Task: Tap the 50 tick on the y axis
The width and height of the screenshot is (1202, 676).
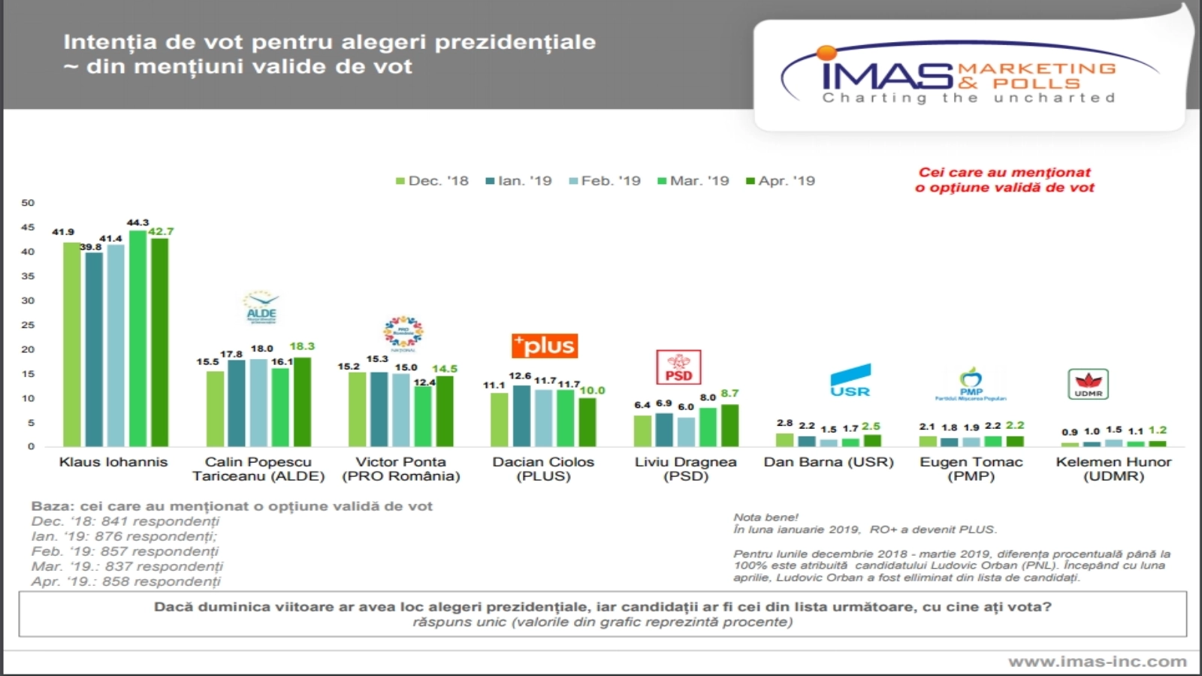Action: [28, 203]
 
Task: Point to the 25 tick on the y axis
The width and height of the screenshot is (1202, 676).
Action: [28, 325]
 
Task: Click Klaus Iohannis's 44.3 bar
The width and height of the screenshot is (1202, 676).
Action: [137, 338]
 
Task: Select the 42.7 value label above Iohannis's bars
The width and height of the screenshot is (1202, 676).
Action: [161, 231]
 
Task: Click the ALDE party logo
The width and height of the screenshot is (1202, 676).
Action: [261, 308]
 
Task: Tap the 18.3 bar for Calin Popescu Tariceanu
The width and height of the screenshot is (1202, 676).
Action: [302, 402]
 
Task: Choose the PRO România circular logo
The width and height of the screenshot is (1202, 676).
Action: [403, 333]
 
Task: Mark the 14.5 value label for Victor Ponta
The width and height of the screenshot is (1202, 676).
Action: [445, 369]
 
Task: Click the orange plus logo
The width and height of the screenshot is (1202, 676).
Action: [545, 346]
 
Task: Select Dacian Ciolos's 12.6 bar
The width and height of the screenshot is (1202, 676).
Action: [521, 416]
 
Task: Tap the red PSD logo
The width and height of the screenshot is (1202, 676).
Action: [678, 367]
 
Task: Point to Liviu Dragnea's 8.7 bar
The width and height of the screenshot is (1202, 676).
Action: [729, 426]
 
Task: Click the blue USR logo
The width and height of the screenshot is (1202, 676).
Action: [850, 381]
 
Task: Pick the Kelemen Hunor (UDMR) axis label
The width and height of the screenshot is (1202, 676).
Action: [1113, 469]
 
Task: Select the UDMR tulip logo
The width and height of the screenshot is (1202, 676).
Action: [1088, 384]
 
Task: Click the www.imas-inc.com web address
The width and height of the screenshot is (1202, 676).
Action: [1098, 662]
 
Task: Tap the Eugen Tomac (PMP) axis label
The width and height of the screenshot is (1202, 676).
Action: [971, 469]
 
